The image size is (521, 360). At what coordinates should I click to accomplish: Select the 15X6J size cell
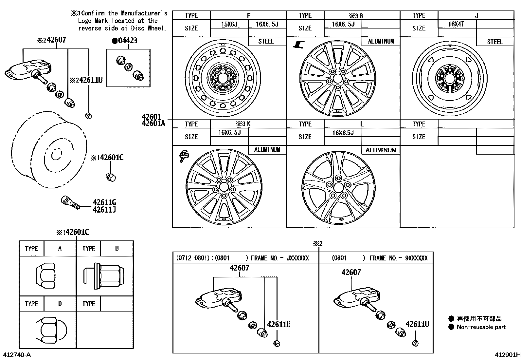coord(229,24)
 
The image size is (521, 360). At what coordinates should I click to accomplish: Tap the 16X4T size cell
coord(456,24)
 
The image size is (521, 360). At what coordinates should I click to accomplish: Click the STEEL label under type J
coord(495,42)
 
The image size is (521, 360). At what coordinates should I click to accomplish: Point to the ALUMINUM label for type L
coord(381,150)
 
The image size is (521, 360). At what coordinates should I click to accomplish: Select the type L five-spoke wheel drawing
coord(338,188)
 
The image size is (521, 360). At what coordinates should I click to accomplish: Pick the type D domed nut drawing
coord(50,329)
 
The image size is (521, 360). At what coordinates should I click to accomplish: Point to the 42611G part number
coord(104,202)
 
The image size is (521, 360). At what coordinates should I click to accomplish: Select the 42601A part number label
coord(153,123)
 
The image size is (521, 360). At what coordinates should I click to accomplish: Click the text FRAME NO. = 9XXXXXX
coord(398,258)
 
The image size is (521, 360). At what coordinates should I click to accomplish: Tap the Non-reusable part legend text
coord(481,327)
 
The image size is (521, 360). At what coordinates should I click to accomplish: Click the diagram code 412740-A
coord(17,355)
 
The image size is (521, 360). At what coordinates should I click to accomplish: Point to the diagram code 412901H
coord(507,355)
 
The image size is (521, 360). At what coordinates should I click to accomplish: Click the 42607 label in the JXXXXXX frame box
coord(239,268)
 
